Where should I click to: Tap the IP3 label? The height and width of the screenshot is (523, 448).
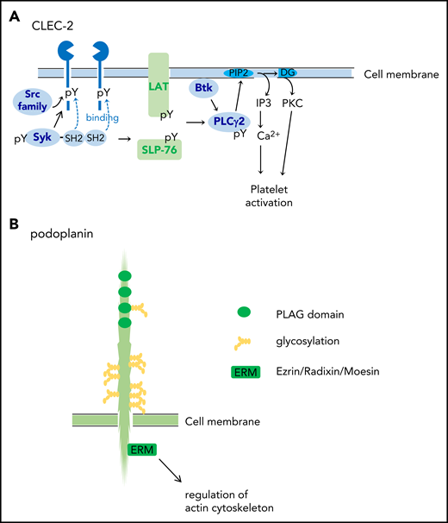(265, 101)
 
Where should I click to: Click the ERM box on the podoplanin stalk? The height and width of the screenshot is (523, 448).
(140, 450)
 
